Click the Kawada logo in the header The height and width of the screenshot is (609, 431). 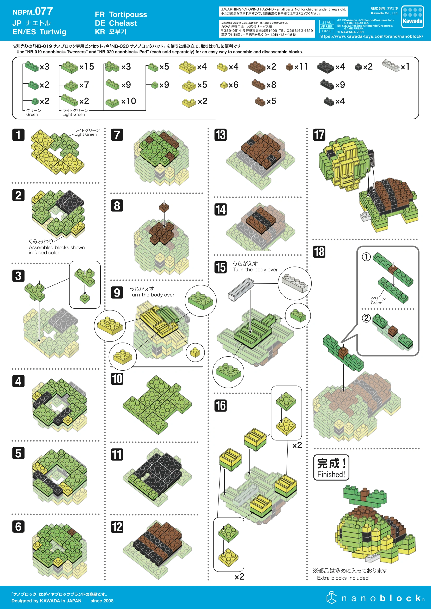point(412,17)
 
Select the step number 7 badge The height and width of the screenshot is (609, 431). point(117,135)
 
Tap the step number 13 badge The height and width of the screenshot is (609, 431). point(220,135)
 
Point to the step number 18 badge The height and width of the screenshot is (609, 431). point(319,252)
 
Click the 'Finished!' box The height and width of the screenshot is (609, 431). point(331,467)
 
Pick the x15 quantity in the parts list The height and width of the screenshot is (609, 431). point(87,67)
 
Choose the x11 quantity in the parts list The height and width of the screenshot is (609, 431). point(301,67)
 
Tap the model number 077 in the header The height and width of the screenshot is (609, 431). point(44,11)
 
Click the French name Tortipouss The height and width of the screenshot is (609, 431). point(128,14)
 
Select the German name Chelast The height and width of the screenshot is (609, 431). point(123,23)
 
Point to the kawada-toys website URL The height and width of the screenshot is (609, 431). point(371,36)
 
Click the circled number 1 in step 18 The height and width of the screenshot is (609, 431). point(366,257)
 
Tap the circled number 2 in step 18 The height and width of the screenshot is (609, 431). point(366,318)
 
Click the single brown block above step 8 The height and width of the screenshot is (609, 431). point(164,207)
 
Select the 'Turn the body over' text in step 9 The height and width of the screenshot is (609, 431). point(152,295)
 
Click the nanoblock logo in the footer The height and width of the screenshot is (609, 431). point(375,598)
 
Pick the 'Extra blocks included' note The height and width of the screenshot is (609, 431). point(343,578)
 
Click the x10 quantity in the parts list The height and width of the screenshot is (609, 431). point(129,101)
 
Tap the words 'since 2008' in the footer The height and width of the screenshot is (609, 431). point(102,601)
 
